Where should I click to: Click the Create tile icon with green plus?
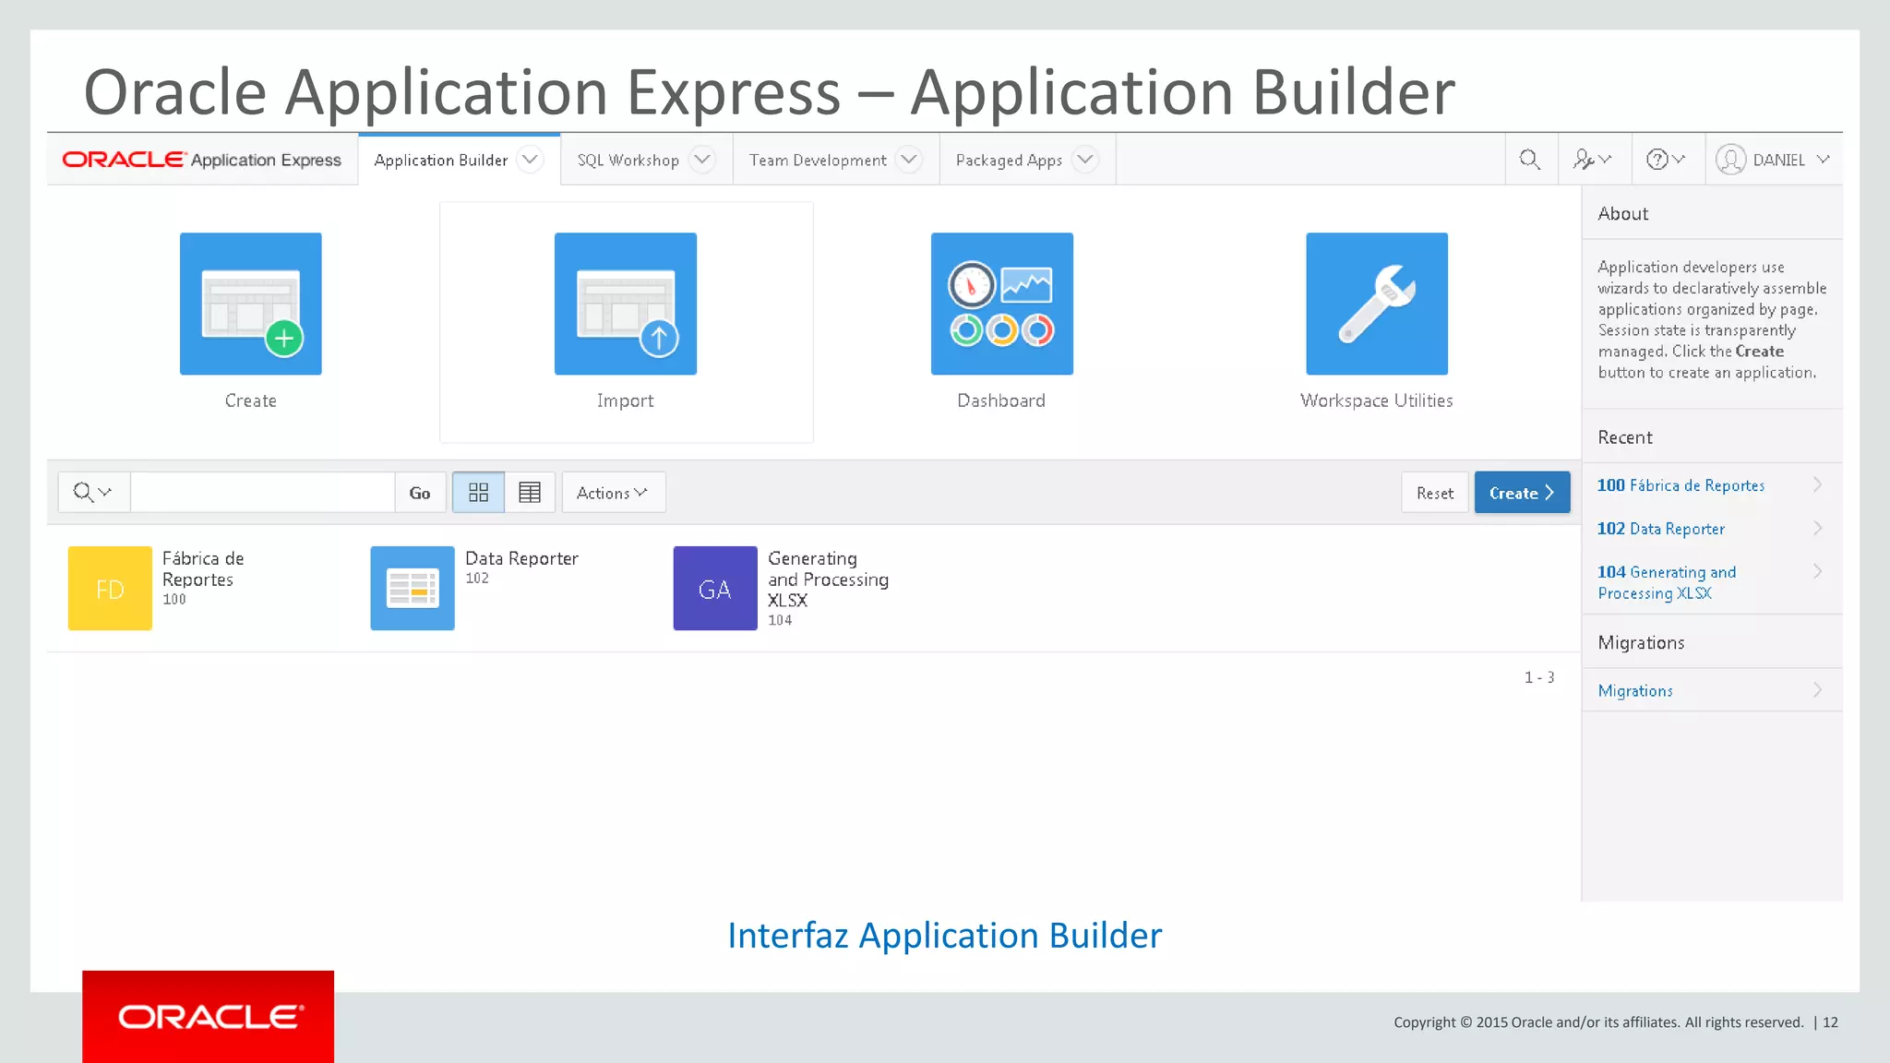pyautogui.click(x=250, y=304)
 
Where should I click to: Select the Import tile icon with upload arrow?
pyautogui.click(x=625, y=304)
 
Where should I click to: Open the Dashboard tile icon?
pyautogui.click(x=1001, y=304)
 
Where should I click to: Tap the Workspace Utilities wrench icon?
pyautogui.click(x=1376, y=304)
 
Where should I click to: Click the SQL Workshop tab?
pyautogui.click(x=629, y=161)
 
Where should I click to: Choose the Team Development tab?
pyautogui.click(x=819, y=161)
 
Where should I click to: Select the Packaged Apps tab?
pyautogui.click(x=1010, y=161)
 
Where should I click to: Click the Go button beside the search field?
pyautogui.click(x=420, y=493)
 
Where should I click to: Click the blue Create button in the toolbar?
pyautogui.click(x=1521, y=493)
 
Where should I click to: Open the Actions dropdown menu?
pyautogui.click(x=613, y=493)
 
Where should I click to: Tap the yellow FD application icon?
pyautogui.click(x=110, y=589)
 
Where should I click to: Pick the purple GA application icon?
pyautogui.click(x=714, y=589)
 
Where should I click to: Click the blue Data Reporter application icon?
pyautogui.click(x=412, y=589)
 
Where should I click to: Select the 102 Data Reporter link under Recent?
pyautogui.click(x=1661, y=529)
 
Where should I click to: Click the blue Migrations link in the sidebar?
pyautogui.click(x=1635, y=691)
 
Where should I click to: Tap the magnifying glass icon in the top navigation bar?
pyautogui.click(x=1529, y=160)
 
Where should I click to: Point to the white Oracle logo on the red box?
pyautogui.click(x=209, y=1017)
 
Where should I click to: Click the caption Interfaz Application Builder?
pyautogui.click(x=944, y=936)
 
